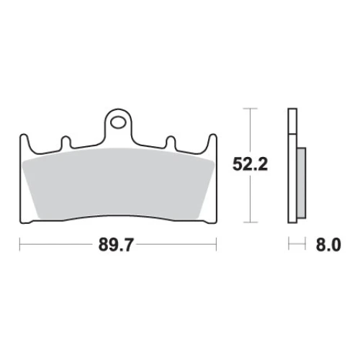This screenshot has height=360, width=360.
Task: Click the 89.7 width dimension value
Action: click(115, 245)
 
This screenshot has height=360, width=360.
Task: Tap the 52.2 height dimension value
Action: click(250, 164)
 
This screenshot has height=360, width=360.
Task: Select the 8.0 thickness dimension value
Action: click(328, 245)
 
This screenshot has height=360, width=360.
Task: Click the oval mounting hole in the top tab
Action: click(118, 122)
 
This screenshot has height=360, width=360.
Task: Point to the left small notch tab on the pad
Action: click(66, 142)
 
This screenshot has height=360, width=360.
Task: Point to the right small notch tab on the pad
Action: click(171, 142)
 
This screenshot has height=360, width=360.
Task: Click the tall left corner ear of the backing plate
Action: click(24, 143)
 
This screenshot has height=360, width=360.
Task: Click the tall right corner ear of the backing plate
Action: click(212, 143)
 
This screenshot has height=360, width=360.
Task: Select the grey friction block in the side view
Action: click(302, 183)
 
